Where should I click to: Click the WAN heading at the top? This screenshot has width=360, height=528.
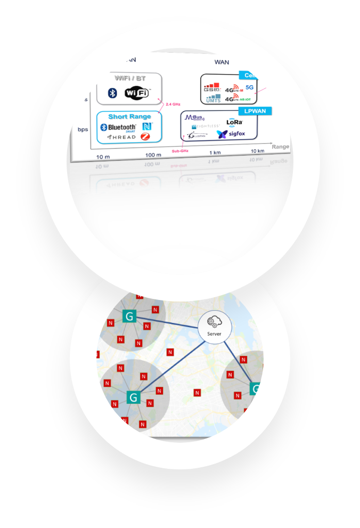coord(222,62)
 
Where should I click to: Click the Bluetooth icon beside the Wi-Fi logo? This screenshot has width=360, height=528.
coord(112,93)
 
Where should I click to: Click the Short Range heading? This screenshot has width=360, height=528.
coord(129,117)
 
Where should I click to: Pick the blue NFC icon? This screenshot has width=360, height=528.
coord(148,127)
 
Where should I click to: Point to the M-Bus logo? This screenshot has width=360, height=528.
coord(195,118)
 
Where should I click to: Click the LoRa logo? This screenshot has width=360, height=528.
coord(235,121)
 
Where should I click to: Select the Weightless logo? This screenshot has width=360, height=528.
coord(202,127)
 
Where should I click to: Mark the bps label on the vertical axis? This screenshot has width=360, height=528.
coord(83,129)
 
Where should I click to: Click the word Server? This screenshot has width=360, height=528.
coord(214,334)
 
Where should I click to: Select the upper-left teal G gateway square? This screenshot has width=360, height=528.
coord(129,316)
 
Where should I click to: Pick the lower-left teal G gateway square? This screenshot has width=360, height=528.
coord(133,397)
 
